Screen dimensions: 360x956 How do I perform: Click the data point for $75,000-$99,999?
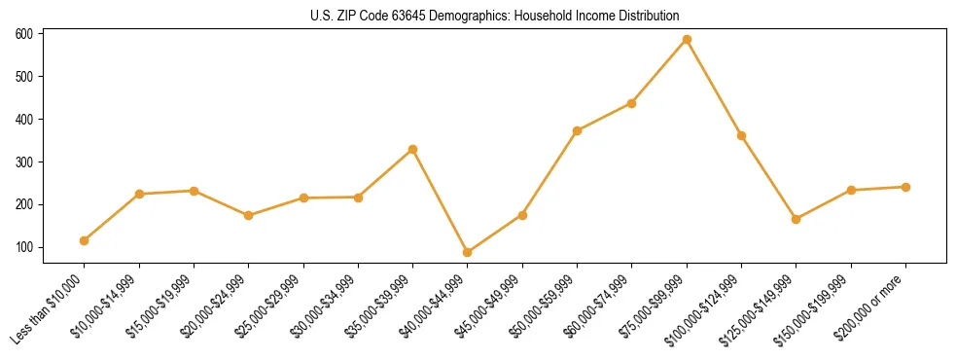687,40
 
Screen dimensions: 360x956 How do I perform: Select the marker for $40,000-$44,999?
468,252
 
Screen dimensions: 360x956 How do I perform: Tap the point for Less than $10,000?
85,240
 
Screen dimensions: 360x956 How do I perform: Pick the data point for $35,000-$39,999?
412,149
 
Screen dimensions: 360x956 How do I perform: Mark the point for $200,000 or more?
905,187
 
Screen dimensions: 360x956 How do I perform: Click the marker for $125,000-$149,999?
797,219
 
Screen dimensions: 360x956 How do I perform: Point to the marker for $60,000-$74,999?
632,103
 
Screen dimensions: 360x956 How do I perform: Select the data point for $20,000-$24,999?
249,215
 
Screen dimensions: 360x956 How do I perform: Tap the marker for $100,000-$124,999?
741,135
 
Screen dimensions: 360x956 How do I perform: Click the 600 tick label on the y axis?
24,34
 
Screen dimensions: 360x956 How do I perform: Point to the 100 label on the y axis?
24,248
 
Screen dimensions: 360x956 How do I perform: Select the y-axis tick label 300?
24,162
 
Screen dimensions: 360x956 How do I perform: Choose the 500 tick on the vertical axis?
24,77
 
